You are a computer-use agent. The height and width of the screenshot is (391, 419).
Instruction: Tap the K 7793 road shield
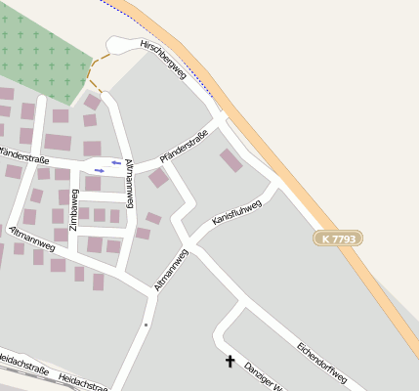pyautogui.click(x=339, y=238)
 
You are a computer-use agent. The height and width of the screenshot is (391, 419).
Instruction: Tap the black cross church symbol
pyautogui.click(x=230, y=362)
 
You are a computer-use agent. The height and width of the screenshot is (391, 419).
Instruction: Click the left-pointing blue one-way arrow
pyautogui.click(x=116, y=162)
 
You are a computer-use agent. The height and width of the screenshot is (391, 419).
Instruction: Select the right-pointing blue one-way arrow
pyautogui.click(x=100, y=170)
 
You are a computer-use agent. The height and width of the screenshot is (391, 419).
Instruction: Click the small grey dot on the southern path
pyautogui.click(x=146, y=324)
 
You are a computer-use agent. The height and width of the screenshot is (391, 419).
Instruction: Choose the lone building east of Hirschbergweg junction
pyautogui.click(x=231, y=160)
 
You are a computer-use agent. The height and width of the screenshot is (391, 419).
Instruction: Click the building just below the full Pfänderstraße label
pyautogui.click(x=158, y=178)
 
